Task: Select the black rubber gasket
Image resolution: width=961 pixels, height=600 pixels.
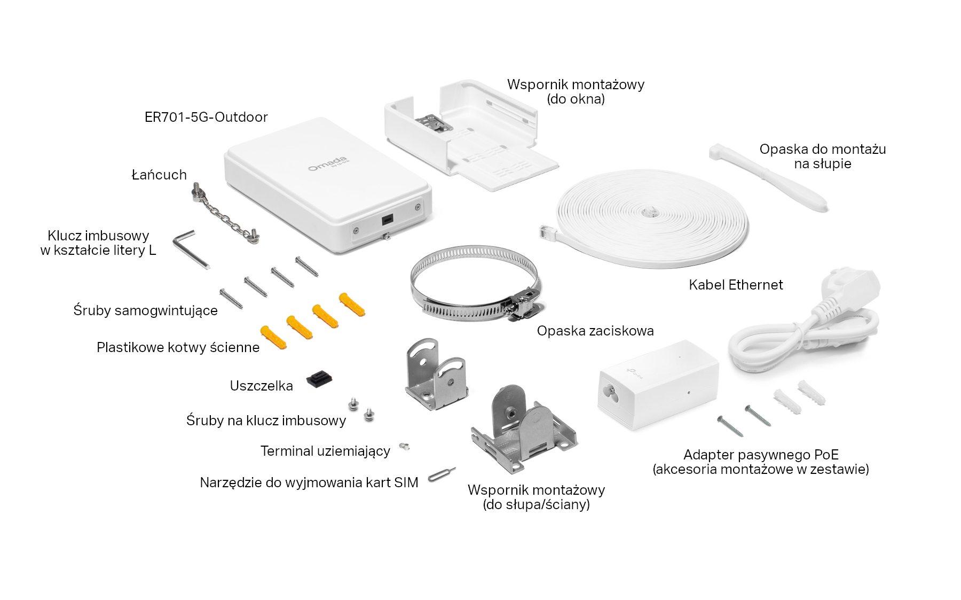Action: (x=319, y=379)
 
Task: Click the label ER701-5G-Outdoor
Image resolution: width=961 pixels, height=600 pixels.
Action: (x=206, y=117)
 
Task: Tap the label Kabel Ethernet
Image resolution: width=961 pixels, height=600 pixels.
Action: (x=736, y=285)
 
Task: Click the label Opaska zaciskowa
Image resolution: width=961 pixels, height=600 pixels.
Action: (x=595, y=331)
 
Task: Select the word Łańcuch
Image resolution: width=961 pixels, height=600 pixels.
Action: (x=159, y=175)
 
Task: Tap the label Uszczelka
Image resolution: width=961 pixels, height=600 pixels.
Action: (x=261, y=386)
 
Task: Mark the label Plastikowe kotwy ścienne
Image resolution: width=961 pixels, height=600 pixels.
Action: (x=178, y=347)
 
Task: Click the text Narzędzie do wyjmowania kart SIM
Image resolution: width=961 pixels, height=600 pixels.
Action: (x=309, y=482)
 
